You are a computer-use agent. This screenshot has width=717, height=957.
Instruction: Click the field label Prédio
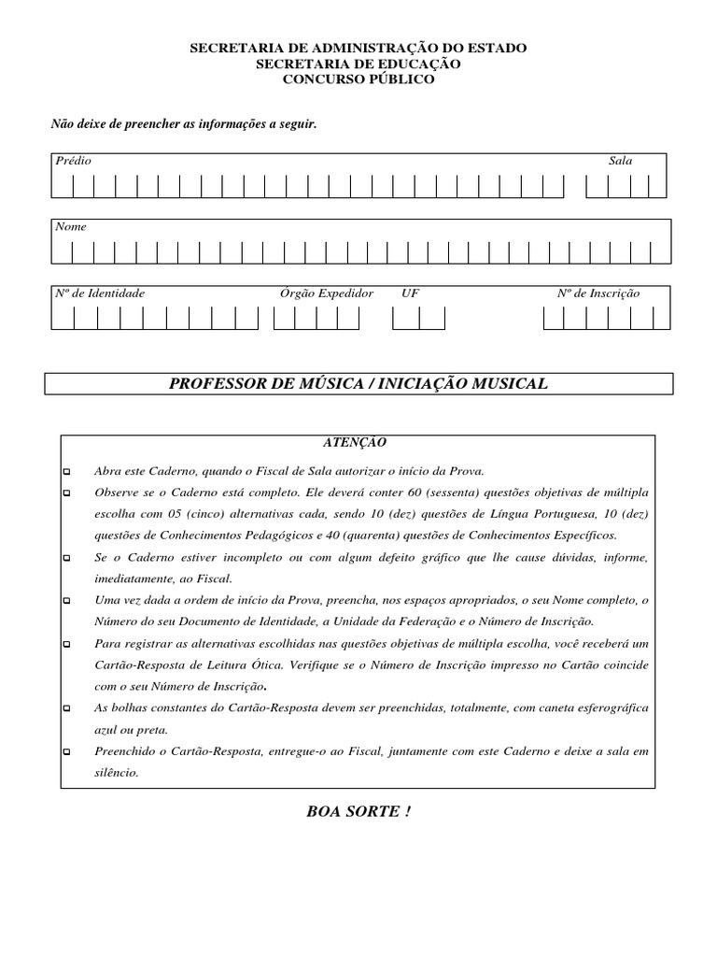point(74,161)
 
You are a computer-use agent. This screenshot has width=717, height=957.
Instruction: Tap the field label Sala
point(620,161)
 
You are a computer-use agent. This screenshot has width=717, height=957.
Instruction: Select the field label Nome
point(71,226)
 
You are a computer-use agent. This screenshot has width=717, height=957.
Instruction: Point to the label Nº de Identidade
point(100,293)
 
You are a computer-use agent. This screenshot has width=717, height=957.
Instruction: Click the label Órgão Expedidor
point(327,293)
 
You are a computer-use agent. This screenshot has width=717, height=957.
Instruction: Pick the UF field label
point(411,293)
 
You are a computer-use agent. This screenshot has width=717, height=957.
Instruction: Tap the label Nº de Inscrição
point(598,293)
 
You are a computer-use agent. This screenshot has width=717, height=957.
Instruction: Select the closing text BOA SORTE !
point(358,811)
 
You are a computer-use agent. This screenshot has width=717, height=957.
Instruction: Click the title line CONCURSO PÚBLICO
point(358,79)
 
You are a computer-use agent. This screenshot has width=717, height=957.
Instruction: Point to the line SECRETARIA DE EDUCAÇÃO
point(358,64)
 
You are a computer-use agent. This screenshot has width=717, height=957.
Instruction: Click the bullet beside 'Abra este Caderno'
point(67,471)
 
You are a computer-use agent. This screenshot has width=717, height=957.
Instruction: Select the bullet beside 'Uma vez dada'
point(67,600)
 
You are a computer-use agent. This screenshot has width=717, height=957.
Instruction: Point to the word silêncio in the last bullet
point(116,773)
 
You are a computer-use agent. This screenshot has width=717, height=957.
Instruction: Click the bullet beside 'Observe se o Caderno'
point(67,493)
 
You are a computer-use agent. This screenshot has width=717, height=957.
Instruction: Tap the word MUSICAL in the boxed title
point(510,384)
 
